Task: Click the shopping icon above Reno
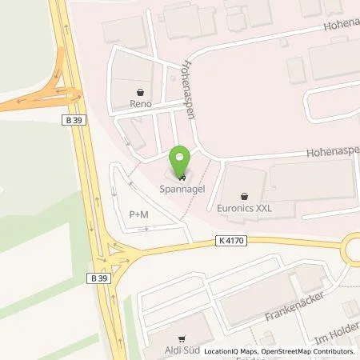click(x=142, y=90)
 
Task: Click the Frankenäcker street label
click(x=295, y=306)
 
